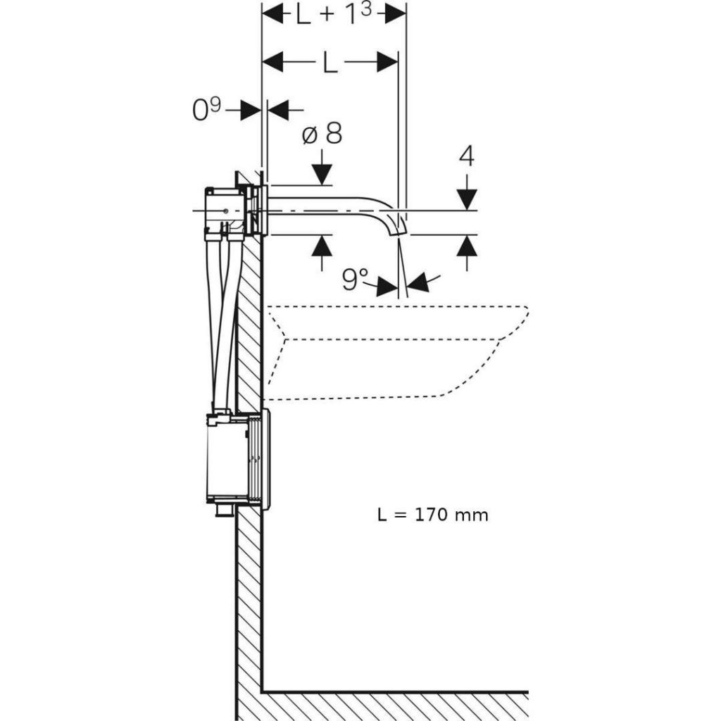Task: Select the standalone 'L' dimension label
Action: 330,63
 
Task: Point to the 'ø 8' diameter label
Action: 322,133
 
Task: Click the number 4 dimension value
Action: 466,156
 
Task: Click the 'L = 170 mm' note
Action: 432,515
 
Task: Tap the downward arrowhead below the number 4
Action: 467,199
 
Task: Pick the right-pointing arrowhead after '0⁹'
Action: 251,110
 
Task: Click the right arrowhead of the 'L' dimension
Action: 387,63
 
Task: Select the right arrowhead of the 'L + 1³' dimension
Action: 396,15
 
